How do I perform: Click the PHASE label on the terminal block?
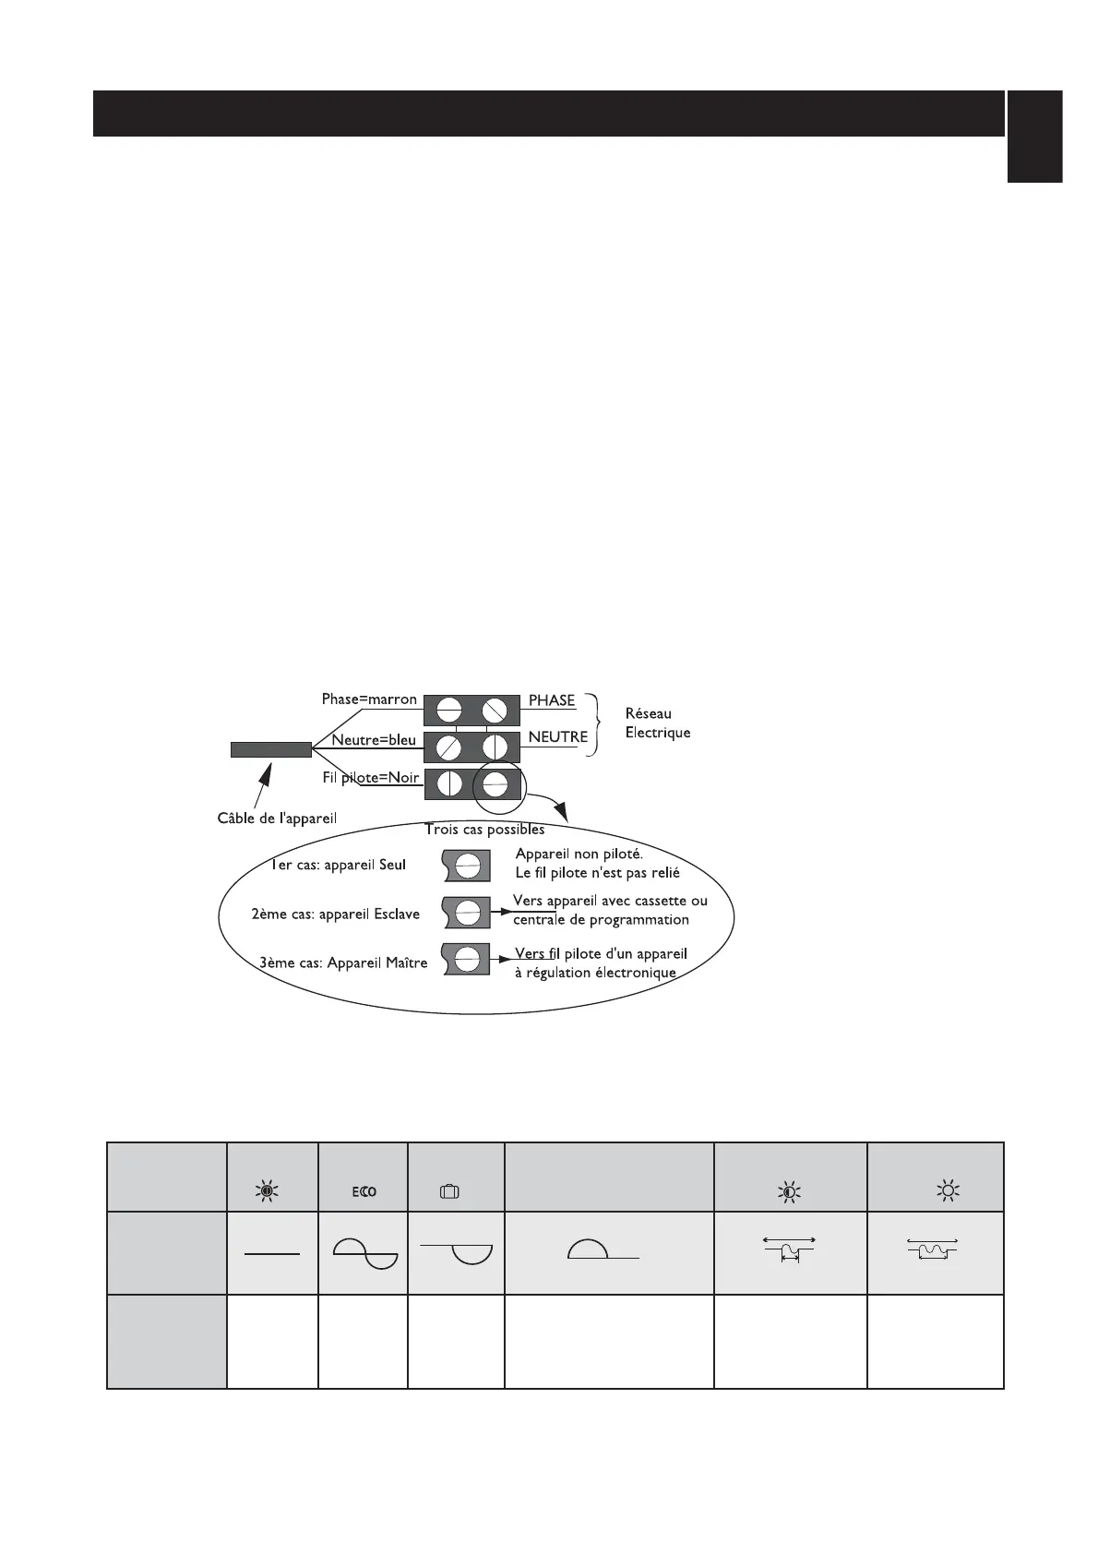pyautogui.click(x=552, y=700)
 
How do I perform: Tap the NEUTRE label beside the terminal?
pyautogui.click(x=557, y=736)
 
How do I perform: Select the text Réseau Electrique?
pyautogui.click(x=657, y=723)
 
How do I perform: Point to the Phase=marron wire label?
pyautogui.click(x=369, y=699)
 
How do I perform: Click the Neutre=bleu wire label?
pyautogui.click(x=373, y=740)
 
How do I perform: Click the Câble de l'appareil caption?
pyautogui.click(x=277, y=819)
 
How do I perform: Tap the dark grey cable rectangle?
pyautogui.click(x=270, y=749)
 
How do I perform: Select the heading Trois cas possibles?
pyautogui.click(x=484, y=829)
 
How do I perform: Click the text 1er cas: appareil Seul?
pyautogui.click(x=338, y=865)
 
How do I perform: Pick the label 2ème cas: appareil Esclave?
pyautogui.click(x=335, y=914)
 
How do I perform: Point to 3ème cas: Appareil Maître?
pyautogui.click(x=343, y=962)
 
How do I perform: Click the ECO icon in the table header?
pyautogui.click(x=364, y=1191)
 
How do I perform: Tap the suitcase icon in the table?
pyautogui.click(x=449, y=1191)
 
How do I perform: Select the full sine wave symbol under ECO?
pyautogui.click(x=364, y=1255)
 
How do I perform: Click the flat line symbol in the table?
pyautogui.click(x=272, y=1254)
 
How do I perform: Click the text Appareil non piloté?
pyautogui.click(x=579, y=855)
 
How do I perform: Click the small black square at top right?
pyautogui.click(x=1034, y=136)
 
